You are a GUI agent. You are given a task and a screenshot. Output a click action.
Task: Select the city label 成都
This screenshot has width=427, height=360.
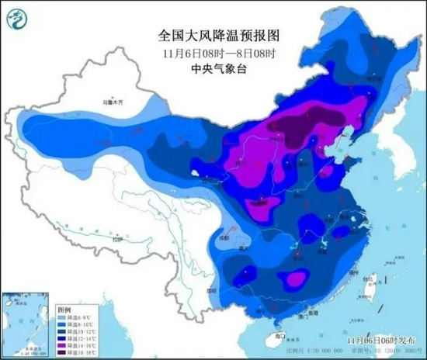point(224,234)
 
